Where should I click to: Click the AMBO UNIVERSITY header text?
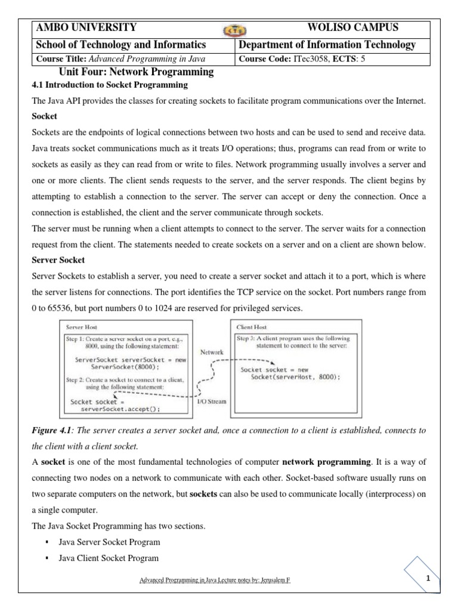86,27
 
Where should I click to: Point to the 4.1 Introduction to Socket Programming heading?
109,85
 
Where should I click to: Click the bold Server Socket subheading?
57,261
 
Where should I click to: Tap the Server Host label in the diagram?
81,328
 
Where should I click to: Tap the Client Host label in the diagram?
252,328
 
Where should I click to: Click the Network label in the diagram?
212,352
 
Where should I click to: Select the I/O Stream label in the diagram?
211,401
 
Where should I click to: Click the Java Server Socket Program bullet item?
109,542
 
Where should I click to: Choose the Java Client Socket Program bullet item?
109,558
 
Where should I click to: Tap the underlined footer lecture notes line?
215,580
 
